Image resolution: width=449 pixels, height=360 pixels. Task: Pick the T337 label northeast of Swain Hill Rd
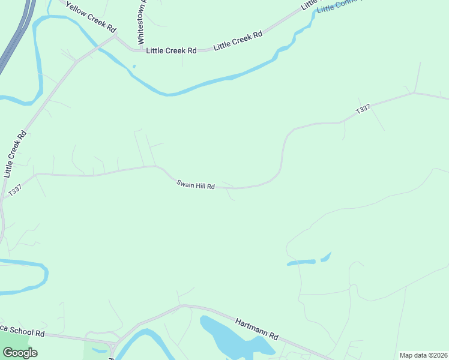click(363, 110)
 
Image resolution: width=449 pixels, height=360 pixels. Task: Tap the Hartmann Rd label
click(257, 328)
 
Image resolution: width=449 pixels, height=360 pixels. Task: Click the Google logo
click(20, 353)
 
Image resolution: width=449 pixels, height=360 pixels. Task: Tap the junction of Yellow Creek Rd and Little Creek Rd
click(116, 37)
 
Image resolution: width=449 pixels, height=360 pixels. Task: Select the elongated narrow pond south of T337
click(301, 262)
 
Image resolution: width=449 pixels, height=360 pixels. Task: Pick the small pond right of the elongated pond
click(325, 257)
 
